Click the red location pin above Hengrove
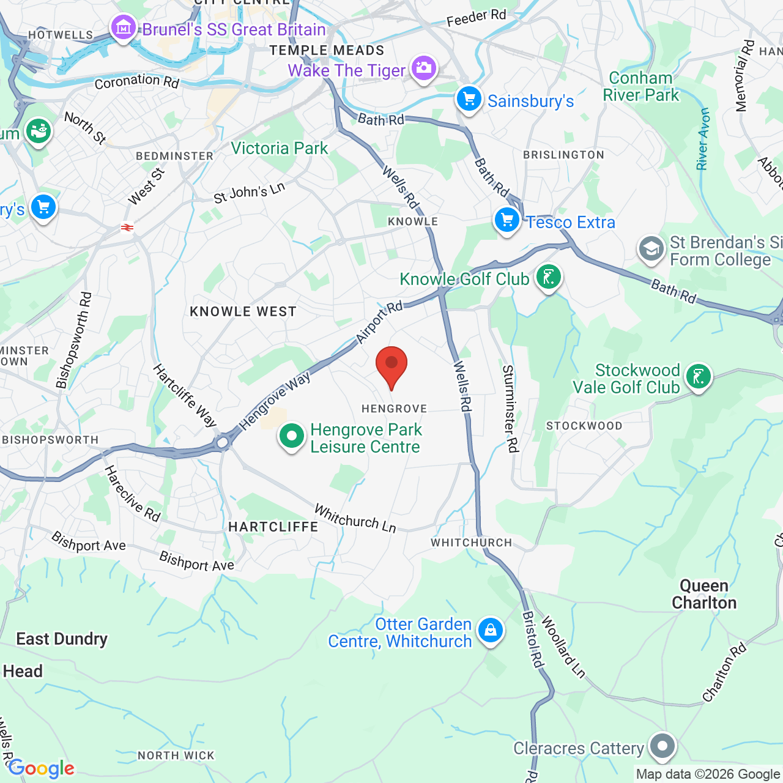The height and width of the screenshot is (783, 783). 391,365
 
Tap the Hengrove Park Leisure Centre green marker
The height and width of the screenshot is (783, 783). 292,437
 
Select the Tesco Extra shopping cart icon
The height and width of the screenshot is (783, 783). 507,221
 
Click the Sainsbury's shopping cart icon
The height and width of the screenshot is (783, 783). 469,100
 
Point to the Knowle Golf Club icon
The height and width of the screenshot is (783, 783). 549,278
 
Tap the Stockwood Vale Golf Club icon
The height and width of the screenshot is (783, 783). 699,377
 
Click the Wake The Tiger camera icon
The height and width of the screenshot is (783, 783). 423,69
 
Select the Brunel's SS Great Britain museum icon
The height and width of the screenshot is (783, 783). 124,28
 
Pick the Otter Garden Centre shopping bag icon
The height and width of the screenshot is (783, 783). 490,630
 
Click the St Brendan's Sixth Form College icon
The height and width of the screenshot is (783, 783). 651,250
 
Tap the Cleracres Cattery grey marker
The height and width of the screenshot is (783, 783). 662,746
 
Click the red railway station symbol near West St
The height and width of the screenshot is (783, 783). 127,228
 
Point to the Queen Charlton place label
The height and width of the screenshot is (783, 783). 704,595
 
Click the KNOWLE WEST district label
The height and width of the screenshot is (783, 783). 243,312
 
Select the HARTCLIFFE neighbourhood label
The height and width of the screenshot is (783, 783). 273,527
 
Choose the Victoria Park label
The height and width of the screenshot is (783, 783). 280,149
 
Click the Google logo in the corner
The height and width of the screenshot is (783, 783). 41,768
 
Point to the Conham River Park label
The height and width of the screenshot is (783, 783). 641,87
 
